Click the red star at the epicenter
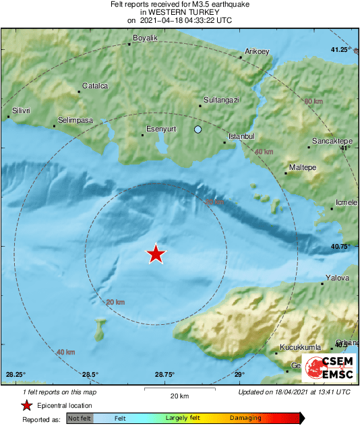[156, 253]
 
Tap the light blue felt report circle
[198, 129]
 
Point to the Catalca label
[94, 86]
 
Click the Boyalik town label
[145, 38]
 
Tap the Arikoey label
[257, 51]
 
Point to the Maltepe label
[302, 166]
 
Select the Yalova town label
[338, 278]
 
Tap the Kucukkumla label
[299, 348]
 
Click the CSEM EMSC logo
[328, 368]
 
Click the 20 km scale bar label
[179, 395]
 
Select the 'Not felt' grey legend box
[80, 418]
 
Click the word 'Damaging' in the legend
[246, 418]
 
